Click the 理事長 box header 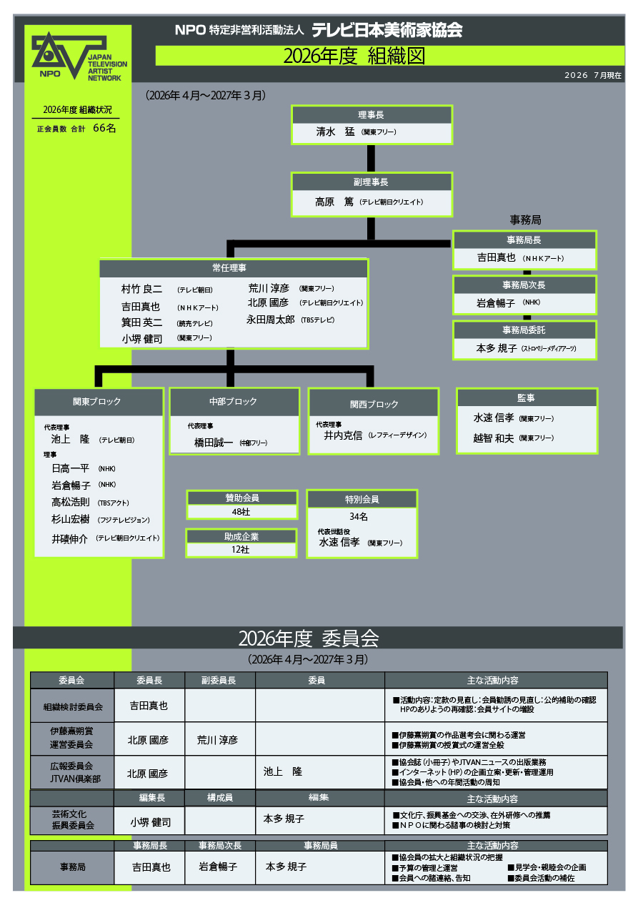coord(371,115)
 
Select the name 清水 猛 coord(335,132)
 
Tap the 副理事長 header coord(371,182)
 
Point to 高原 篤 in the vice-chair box coord(334,202)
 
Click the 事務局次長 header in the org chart coord(524,285)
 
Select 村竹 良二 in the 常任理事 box coord(141,289)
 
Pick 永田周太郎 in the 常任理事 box coord(271,320)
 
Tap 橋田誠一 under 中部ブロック coord(214,443)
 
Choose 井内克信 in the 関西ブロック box coord(343,435)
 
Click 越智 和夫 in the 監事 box coord(494,438)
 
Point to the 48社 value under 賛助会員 coord(241,512)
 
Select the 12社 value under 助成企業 coord(241,550)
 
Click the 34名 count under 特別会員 coord(359,517)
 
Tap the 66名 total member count coord(104,128)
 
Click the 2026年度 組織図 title coord(354,56)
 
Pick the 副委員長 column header coord(219,681)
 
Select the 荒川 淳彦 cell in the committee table coord(217,740)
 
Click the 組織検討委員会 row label coord(73,706)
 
